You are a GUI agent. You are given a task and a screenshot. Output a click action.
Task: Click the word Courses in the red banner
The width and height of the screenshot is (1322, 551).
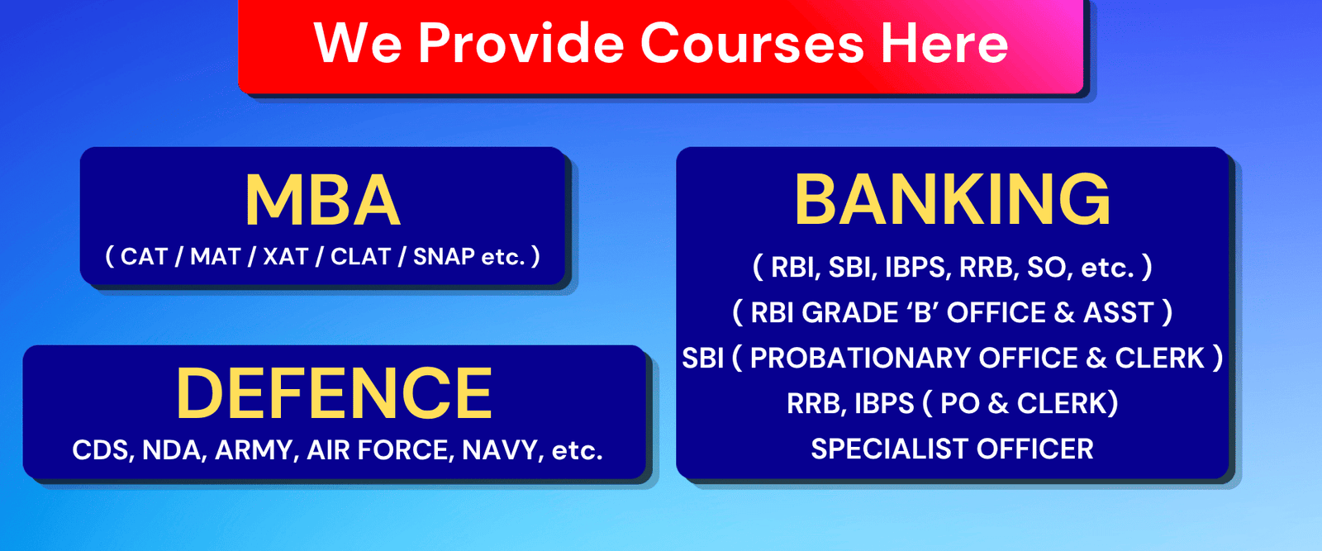pyautogui.click(x=751, y=43)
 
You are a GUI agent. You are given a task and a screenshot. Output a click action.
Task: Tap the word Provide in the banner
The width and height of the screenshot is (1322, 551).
pyautogui.click(x=521, y=43)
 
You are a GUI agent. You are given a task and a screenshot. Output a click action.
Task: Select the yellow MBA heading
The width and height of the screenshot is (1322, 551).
pyautogui.click(x=322, y=201)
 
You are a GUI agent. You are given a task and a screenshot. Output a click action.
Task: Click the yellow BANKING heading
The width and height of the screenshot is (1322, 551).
pyautogui.click(x=952, y=200)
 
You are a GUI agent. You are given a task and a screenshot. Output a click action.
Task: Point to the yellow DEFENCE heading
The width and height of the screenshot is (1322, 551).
pyautogui.click(x=334, y=394)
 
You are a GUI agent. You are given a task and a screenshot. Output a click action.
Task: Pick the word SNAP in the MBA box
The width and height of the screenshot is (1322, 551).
pyautogui.click(x=444, y=257)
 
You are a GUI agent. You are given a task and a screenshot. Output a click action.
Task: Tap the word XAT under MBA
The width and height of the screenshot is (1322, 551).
pyautogui.click(x=285, y=257)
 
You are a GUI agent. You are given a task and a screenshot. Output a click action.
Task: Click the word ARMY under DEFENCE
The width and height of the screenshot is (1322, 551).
pyautogui.click(x=254, y=450)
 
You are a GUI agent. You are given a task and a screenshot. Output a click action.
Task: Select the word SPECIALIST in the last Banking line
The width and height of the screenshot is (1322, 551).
pyautogui.click(x=888, y=449)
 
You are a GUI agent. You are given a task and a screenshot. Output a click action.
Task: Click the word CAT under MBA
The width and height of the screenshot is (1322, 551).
pyautogui.click(x=144, y=257)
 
